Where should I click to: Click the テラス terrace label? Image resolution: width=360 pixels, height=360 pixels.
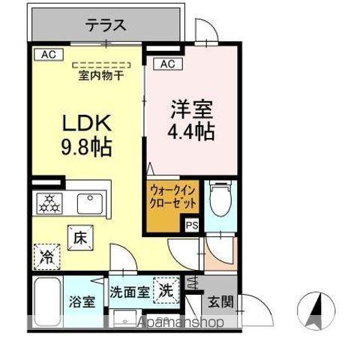[105, 25]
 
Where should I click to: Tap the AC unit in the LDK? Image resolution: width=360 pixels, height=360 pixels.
[48, 54]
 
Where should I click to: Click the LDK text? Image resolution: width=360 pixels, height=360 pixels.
[85, 122]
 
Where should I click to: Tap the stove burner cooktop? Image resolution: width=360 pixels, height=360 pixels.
[52, 203]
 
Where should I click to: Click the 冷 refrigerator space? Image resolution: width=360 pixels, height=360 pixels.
[46, 255]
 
